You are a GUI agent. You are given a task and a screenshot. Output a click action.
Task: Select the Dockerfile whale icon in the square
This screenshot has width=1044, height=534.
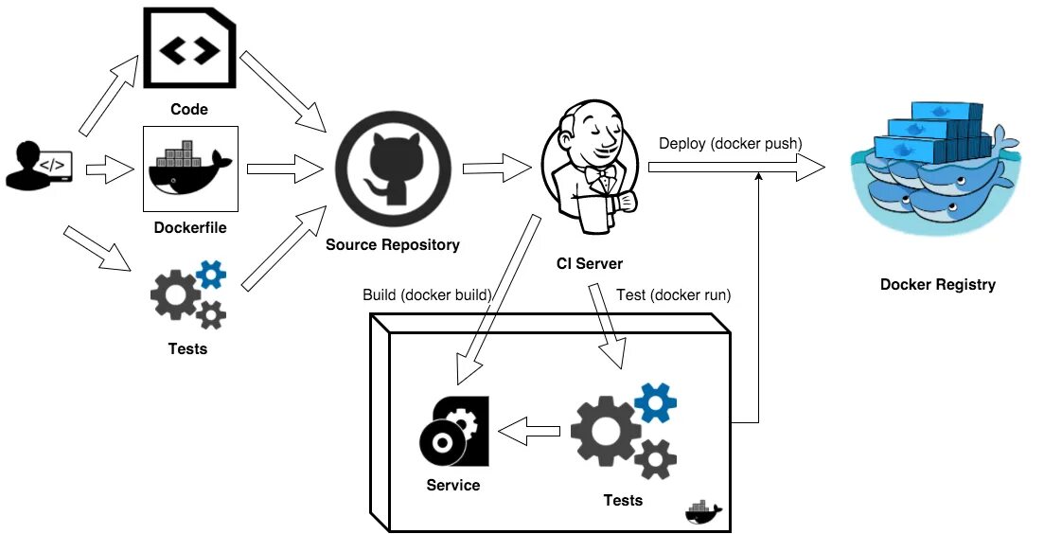(x=189, y=169)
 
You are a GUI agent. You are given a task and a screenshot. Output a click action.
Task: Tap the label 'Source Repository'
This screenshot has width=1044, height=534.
(x=393, y=244)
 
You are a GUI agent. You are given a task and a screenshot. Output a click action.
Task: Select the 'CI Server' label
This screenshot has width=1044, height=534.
(x=590, y=263)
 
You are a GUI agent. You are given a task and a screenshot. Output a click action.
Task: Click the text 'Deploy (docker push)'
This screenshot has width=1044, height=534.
(x=731, y=143)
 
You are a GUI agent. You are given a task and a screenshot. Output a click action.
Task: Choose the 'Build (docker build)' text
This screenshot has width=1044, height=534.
(x=428, y=294)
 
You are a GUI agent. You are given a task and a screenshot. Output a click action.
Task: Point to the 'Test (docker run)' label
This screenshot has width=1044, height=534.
(x=673, y=294)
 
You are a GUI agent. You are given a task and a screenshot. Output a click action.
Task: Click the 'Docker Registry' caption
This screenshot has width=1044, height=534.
(x=937, y=284)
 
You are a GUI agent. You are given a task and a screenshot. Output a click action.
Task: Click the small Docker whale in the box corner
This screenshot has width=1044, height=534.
(x=702, y=512)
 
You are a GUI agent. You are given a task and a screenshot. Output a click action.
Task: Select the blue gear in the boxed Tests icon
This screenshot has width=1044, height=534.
(x=656, y=401)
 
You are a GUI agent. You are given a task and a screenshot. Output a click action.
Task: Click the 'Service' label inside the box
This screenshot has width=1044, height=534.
(x=453, y=485)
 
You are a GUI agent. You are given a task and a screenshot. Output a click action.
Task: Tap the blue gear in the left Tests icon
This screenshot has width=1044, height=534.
(x=210, y=274)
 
